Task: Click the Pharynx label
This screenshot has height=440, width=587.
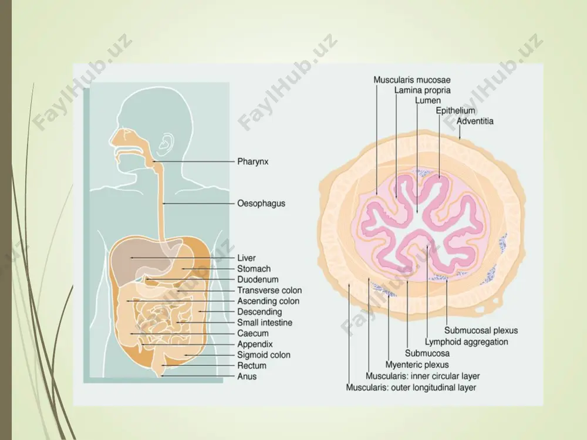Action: (252, 162)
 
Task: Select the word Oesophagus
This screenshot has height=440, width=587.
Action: (261, 204)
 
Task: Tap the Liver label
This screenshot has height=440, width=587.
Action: (247, 258)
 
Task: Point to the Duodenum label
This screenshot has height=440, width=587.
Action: (258, 279)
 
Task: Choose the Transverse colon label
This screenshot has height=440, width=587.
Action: (269, 290)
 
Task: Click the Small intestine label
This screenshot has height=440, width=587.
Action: (265, 323)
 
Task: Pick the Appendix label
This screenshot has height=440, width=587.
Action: (255, 344)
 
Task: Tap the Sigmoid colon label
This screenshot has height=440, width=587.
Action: (264, 355)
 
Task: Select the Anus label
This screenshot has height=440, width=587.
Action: (247, 377)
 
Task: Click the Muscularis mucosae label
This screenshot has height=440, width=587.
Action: (412, 80)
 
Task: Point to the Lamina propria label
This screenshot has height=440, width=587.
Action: (422, 90)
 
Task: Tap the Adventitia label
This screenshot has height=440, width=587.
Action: (475, 121)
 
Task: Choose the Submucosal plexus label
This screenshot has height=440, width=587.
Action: (481, 331)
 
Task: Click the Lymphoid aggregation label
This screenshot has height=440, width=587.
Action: (467, 342)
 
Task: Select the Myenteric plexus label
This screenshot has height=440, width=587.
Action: (417, 365)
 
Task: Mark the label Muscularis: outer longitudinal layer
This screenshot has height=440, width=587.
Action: (411, 388)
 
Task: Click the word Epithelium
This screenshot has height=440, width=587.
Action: (456, 111)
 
